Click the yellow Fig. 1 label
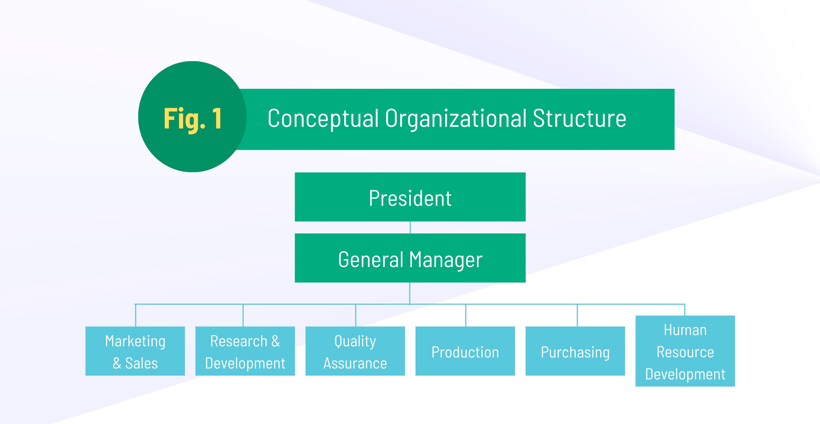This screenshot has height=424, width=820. pyautogui.click(x=193, y=119)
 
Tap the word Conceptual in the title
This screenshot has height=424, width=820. pyautogui.click(x=323, y=118)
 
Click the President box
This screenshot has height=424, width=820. pyautogui.click(x=410, y=197)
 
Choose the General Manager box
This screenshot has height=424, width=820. pyautogui.click(x=410, y=258)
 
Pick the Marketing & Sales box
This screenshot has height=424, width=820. pyautogui.click(x=135, y=351)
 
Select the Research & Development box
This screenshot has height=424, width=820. pyautogui.click(x=245, y=351)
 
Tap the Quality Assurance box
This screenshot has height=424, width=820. pyautogui.click(x=355, y=351)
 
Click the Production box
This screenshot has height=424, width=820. pyautogui.click(x=465, y=351)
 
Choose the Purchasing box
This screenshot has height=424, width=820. pyautogui.click(x=575, y=351)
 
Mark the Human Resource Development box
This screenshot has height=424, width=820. pyautogui.click(x=685, y=351)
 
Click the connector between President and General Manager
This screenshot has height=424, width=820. pyautogui.click(x=410, y=228)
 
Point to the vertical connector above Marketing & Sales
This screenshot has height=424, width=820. pyautogui.click(x=136, y=315)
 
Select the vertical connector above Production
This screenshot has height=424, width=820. pyautogui.click(x=466, y=315)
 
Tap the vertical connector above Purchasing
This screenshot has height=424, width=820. pyautogui.click(x=577, y=315)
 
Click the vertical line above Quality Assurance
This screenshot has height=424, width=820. pyautogui.click(x=356, y=315)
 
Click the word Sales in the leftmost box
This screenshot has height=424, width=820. pyautogui.click(x=141, y=363)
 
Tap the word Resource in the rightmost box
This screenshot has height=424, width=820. pyautogui.click(x=685, y=352)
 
